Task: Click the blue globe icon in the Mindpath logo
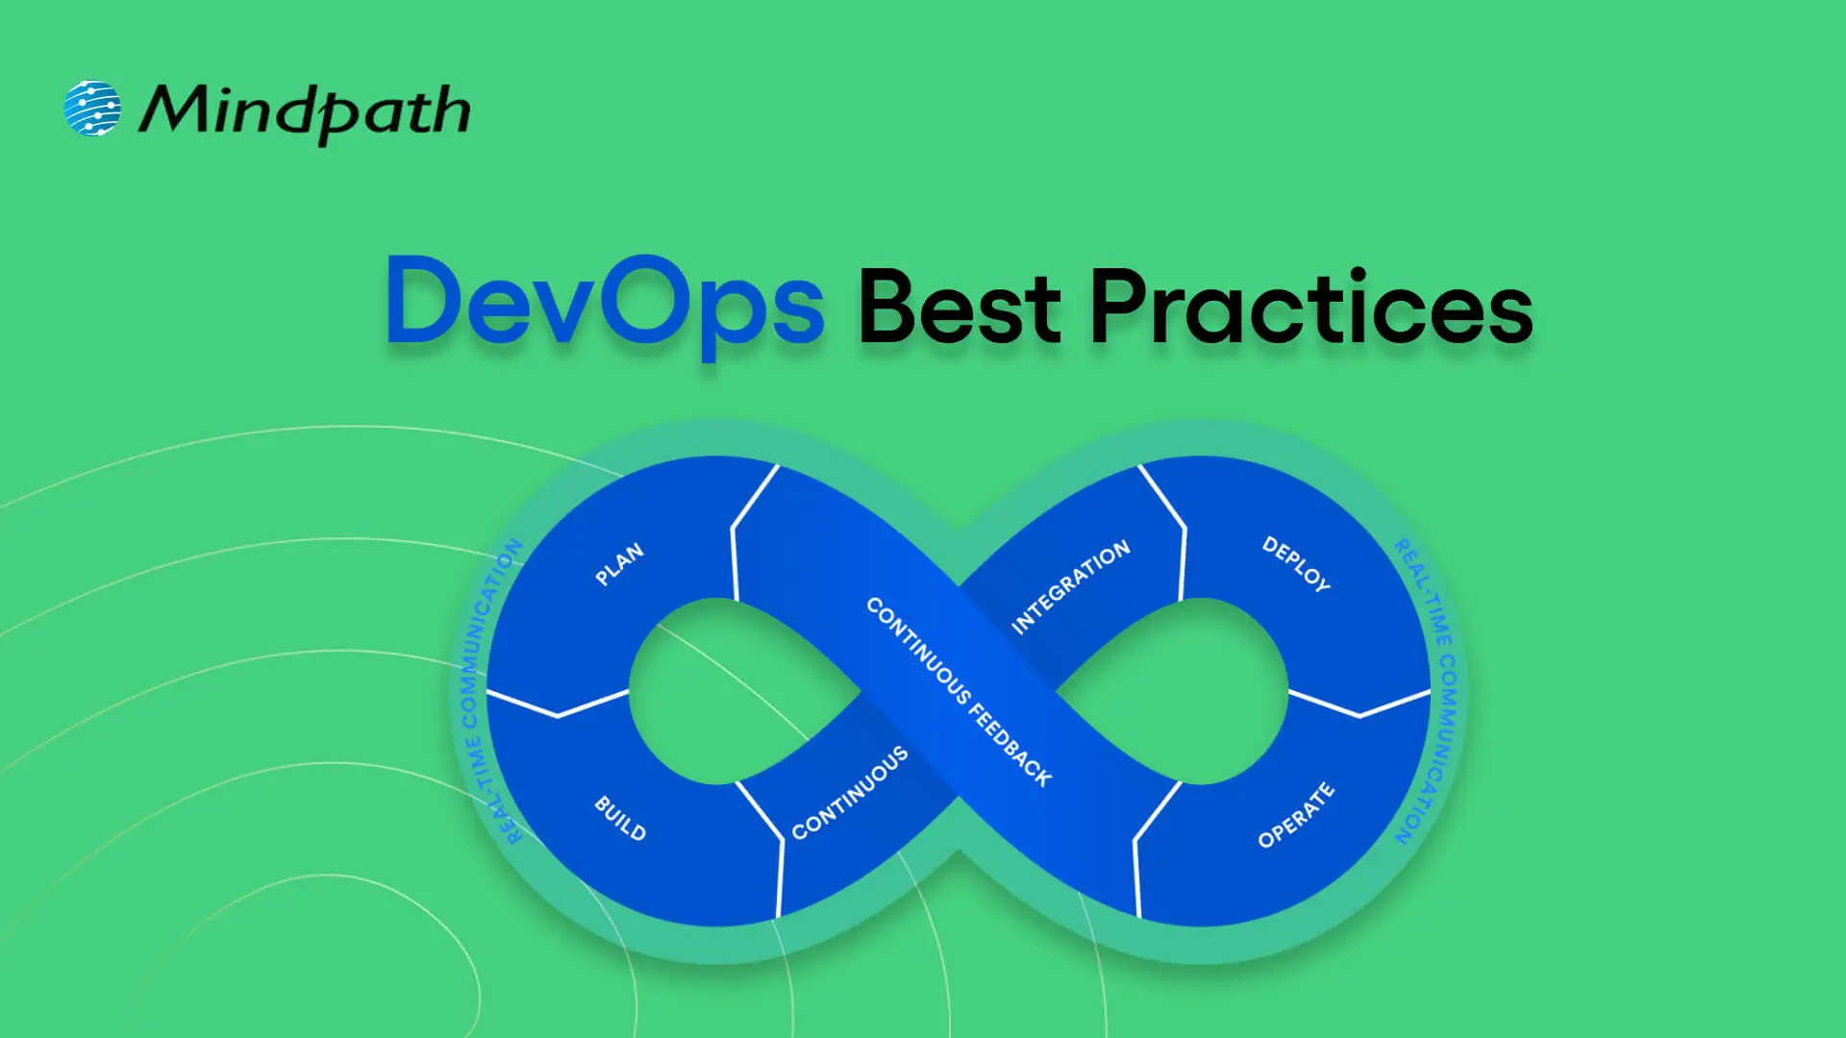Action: pos(92,108)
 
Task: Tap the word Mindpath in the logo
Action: pos(305,111)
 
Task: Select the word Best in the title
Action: pos(959,307)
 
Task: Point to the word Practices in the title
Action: pos(1310,307)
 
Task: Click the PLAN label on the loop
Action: pos(619,564)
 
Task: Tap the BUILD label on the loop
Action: pos(620,818)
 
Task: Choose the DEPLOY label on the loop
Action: pos(1296,563)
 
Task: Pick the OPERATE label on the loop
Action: pos(1296,816)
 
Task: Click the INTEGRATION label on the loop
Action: pos(1070,587)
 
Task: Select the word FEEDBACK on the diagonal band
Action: pos(1010,746)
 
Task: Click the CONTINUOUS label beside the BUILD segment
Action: pos(850,793)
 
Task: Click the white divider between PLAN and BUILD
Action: pos(558,708)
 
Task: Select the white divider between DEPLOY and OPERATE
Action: pos(1360,708)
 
